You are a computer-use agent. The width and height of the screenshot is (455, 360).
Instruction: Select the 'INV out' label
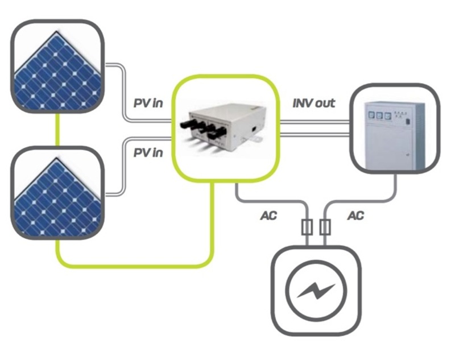[x=313, y=104]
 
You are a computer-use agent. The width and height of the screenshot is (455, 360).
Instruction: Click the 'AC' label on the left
[x=268, y=216]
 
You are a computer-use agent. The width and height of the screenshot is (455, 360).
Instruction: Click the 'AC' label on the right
[x=355, y=216]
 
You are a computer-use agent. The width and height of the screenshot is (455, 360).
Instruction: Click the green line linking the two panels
[x=57, y=130]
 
